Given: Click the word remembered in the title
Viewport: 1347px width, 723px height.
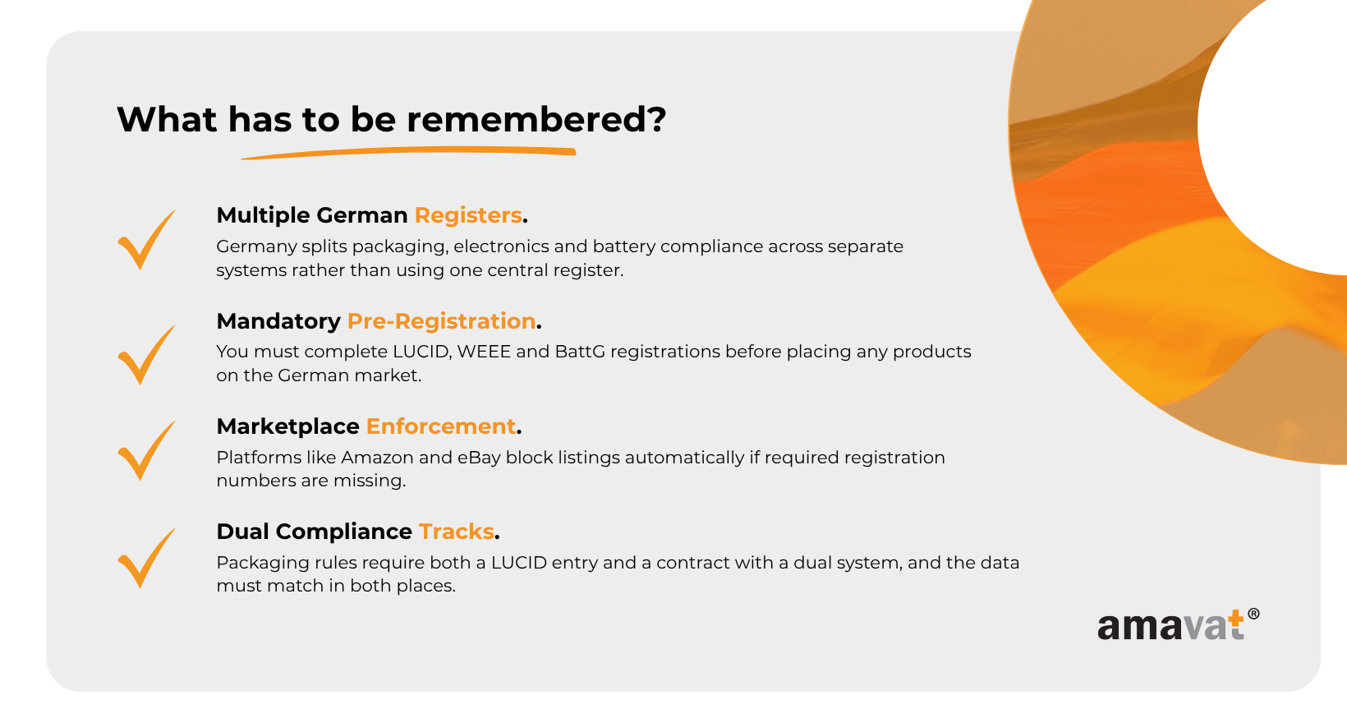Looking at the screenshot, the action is pos(536,119).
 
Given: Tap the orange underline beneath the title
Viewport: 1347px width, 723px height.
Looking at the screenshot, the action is pos(408,153).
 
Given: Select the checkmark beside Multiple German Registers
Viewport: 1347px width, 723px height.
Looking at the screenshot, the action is pos(146,240).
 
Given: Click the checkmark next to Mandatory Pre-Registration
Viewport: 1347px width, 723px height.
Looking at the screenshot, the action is pos(146,355).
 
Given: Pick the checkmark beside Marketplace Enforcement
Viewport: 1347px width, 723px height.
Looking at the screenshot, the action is pos(146,450).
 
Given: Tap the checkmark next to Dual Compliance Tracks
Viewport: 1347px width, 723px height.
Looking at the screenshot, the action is pos(146,558).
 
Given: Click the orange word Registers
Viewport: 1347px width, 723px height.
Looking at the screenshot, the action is pos(468,215).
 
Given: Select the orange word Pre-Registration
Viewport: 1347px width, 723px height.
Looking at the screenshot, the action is pos(441,321).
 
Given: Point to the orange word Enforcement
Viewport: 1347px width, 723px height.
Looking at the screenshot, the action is pos(441,426).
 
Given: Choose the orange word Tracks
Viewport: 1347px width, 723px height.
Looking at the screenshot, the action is pos(457,532).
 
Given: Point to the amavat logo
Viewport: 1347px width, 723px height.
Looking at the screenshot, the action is pos(1178,625).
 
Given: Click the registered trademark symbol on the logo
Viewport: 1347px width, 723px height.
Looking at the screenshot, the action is pos(1253,614).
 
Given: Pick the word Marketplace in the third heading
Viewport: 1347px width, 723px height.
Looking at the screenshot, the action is pos(288,427).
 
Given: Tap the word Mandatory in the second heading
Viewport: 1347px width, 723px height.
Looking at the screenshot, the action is pos(278,322).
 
